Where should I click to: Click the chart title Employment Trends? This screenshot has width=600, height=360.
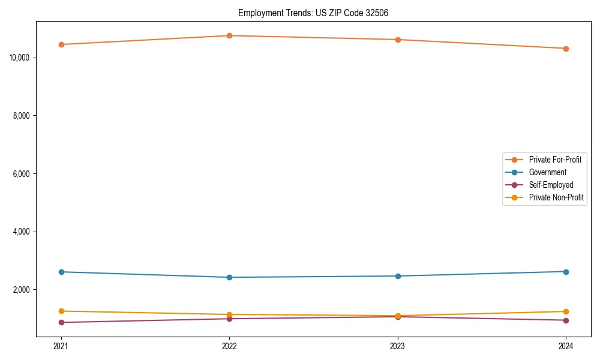click(x=313, y=13)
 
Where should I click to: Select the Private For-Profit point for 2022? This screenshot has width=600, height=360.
click(x=229, y=35)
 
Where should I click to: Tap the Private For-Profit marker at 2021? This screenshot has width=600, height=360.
click(x=61, y=44)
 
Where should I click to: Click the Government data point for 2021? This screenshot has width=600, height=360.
click(x=61, y=272)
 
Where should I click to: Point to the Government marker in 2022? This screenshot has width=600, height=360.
click(x=229, y=277)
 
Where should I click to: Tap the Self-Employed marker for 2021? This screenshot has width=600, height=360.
click(x=61, y=322)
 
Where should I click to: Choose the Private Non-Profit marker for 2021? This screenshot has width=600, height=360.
click(x=61, y=311)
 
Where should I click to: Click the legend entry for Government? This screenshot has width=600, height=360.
click(x=547, y=172)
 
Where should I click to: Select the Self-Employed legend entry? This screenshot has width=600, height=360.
click(x=551, y=185)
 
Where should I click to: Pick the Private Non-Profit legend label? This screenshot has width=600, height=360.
click(x=556, y=197)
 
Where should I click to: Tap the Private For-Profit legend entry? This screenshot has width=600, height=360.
click(x=555, y=160)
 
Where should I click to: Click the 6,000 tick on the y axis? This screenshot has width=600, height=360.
click(x=22, y=174)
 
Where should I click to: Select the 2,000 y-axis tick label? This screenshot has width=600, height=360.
click(x=22, y=290)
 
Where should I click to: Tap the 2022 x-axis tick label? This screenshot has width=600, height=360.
click(x=229, y=346)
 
